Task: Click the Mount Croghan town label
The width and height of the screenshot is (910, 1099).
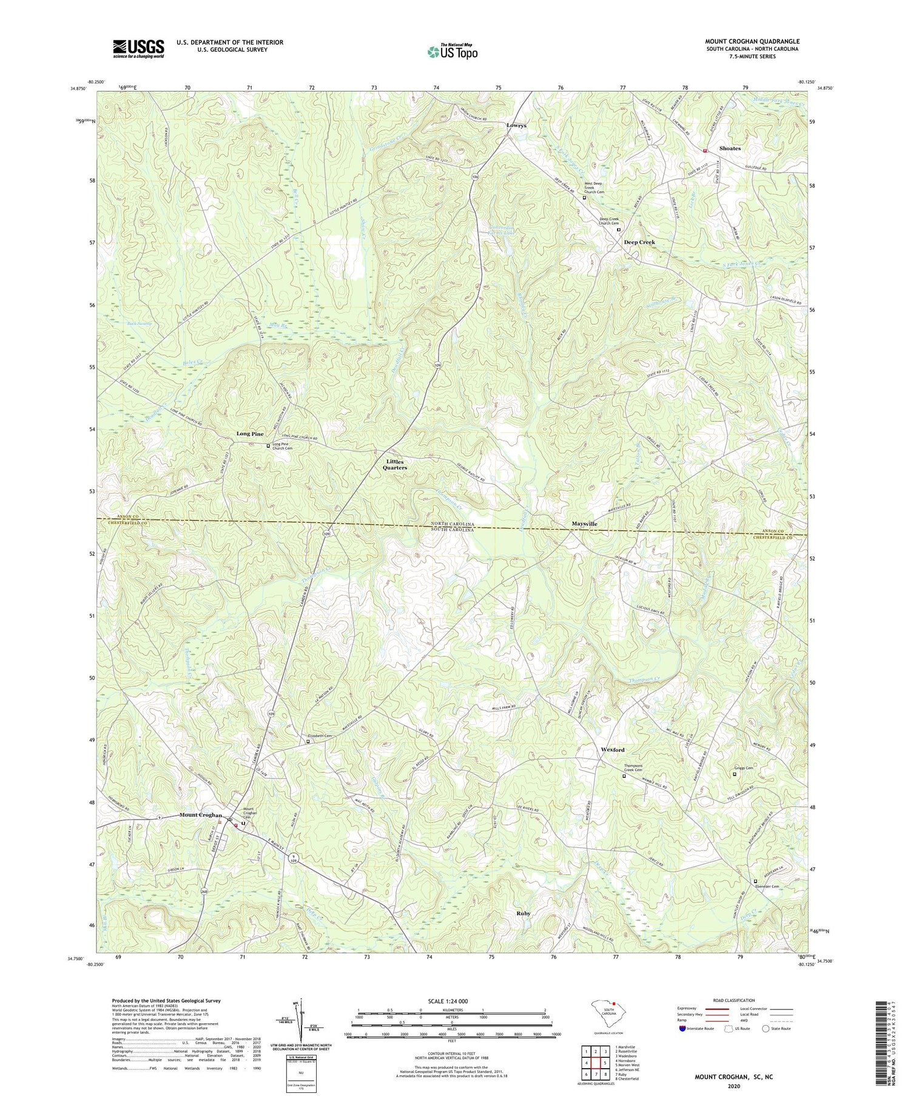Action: [200, 815]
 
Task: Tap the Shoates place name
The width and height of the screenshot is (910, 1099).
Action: [729, 148]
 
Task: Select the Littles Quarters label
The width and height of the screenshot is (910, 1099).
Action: [394, 464]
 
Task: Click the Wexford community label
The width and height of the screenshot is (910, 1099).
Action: [612, 750]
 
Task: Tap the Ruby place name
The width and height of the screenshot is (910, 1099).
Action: [523, 913]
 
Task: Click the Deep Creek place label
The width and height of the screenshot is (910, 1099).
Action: [639, 242]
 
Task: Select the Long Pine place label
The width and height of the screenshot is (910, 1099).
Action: [250, 434]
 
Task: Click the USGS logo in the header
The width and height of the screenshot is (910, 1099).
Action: [138, 48]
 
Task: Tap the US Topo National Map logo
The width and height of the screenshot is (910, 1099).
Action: [451, 52]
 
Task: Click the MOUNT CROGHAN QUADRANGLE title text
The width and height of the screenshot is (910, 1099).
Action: [752, 41]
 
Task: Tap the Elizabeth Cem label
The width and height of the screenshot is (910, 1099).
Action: [322, 736]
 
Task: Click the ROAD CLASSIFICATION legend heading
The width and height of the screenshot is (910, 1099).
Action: [733, 1000]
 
